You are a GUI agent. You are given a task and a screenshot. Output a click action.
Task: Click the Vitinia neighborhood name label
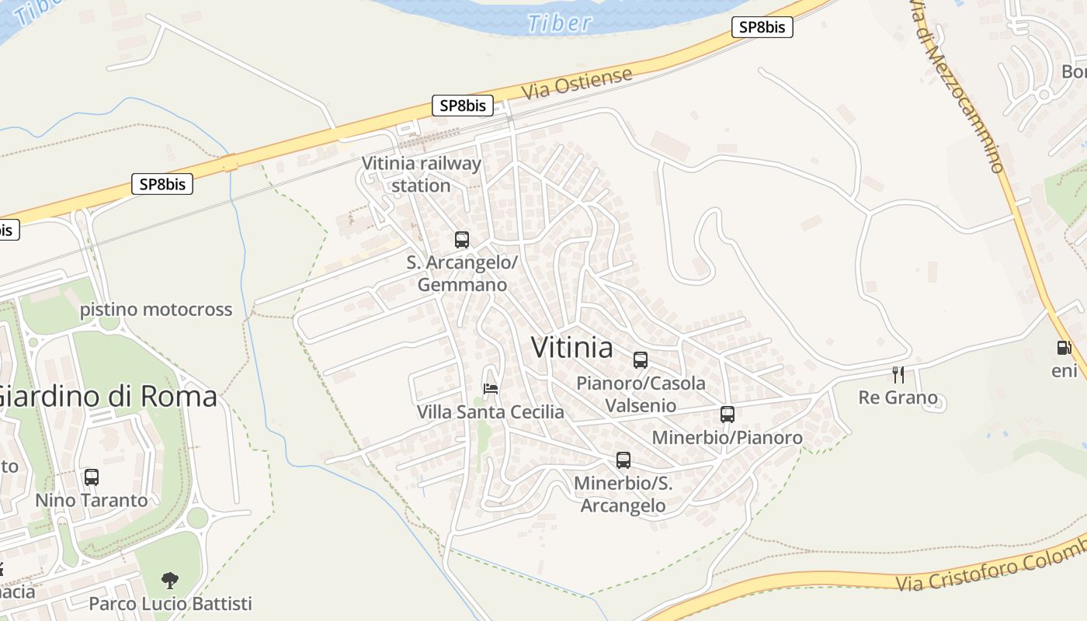coord(572,348)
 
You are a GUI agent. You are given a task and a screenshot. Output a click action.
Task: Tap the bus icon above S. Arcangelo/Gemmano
coord(462,240)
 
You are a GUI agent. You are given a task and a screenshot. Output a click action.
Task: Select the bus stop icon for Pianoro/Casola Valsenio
coord(641,360)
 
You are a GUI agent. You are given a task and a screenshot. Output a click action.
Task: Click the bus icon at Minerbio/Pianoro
coord(728,415)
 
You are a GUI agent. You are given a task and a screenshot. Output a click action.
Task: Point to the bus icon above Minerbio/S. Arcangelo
coord(623,460)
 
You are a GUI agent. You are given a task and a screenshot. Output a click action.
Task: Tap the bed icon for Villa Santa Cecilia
coord(491,388)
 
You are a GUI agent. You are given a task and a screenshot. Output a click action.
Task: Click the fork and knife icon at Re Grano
coord(898,375)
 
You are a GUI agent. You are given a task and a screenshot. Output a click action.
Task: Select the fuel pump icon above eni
coord(1064,348)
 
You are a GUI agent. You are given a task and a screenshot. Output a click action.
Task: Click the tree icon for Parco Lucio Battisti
coord(170,580)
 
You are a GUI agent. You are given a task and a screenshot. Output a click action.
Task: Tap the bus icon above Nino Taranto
coord(92,477)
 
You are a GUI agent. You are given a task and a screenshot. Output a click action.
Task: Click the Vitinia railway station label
coord(422,175)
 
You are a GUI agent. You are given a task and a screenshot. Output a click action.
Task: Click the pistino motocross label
coord(156,310)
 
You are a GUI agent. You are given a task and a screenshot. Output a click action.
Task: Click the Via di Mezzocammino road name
coord(957,85)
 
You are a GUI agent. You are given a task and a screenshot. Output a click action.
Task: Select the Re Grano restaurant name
coord(898,398)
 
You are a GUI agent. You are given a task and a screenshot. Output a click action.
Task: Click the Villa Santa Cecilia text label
coord(491,411)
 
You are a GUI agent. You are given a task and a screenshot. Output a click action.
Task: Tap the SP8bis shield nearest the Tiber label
coord(762,28)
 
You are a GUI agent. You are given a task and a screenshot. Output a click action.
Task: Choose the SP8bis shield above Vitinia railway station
coord(463,106)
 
